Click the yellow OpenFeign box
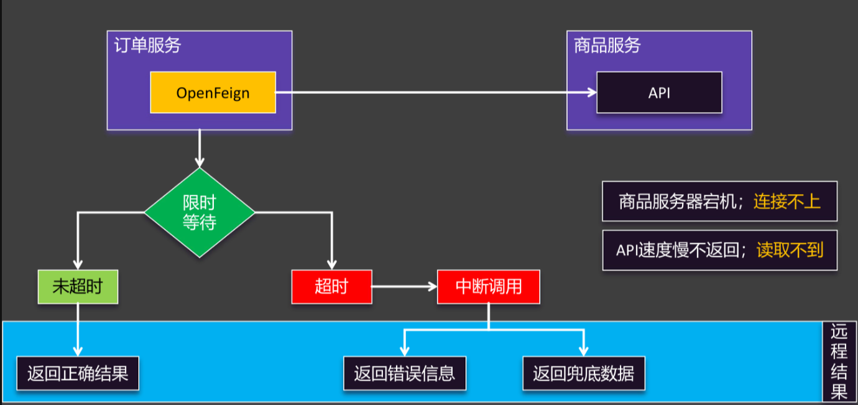click(213, 93)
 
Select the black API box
click(659, 93)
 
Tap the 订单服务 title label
click(147, 45)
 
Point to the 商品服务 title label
click(607, 45)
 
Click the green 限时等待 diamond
click(200, 213)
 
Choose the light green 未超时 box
click(78, 287)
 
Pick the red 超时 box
click(331, 287)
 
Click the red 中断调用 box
click(488, 287)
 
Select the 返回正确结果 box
click(78, 373)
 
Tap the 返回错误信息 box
click(405, 373)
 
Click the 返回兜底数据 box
click(583, 373)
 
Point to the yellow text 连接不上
click(787, 202)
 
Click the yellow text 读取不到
click(790, 250)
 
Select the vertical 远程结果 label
click(839, 362)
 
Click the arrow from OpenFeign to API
click(435, 93)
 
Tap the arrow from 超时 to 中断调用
click(404, 287)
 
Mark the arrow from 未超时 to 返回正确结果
click(78, 330)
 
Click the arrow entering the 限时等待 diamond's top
click(200, 149)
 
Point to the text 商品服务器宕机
click(680, 202)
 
